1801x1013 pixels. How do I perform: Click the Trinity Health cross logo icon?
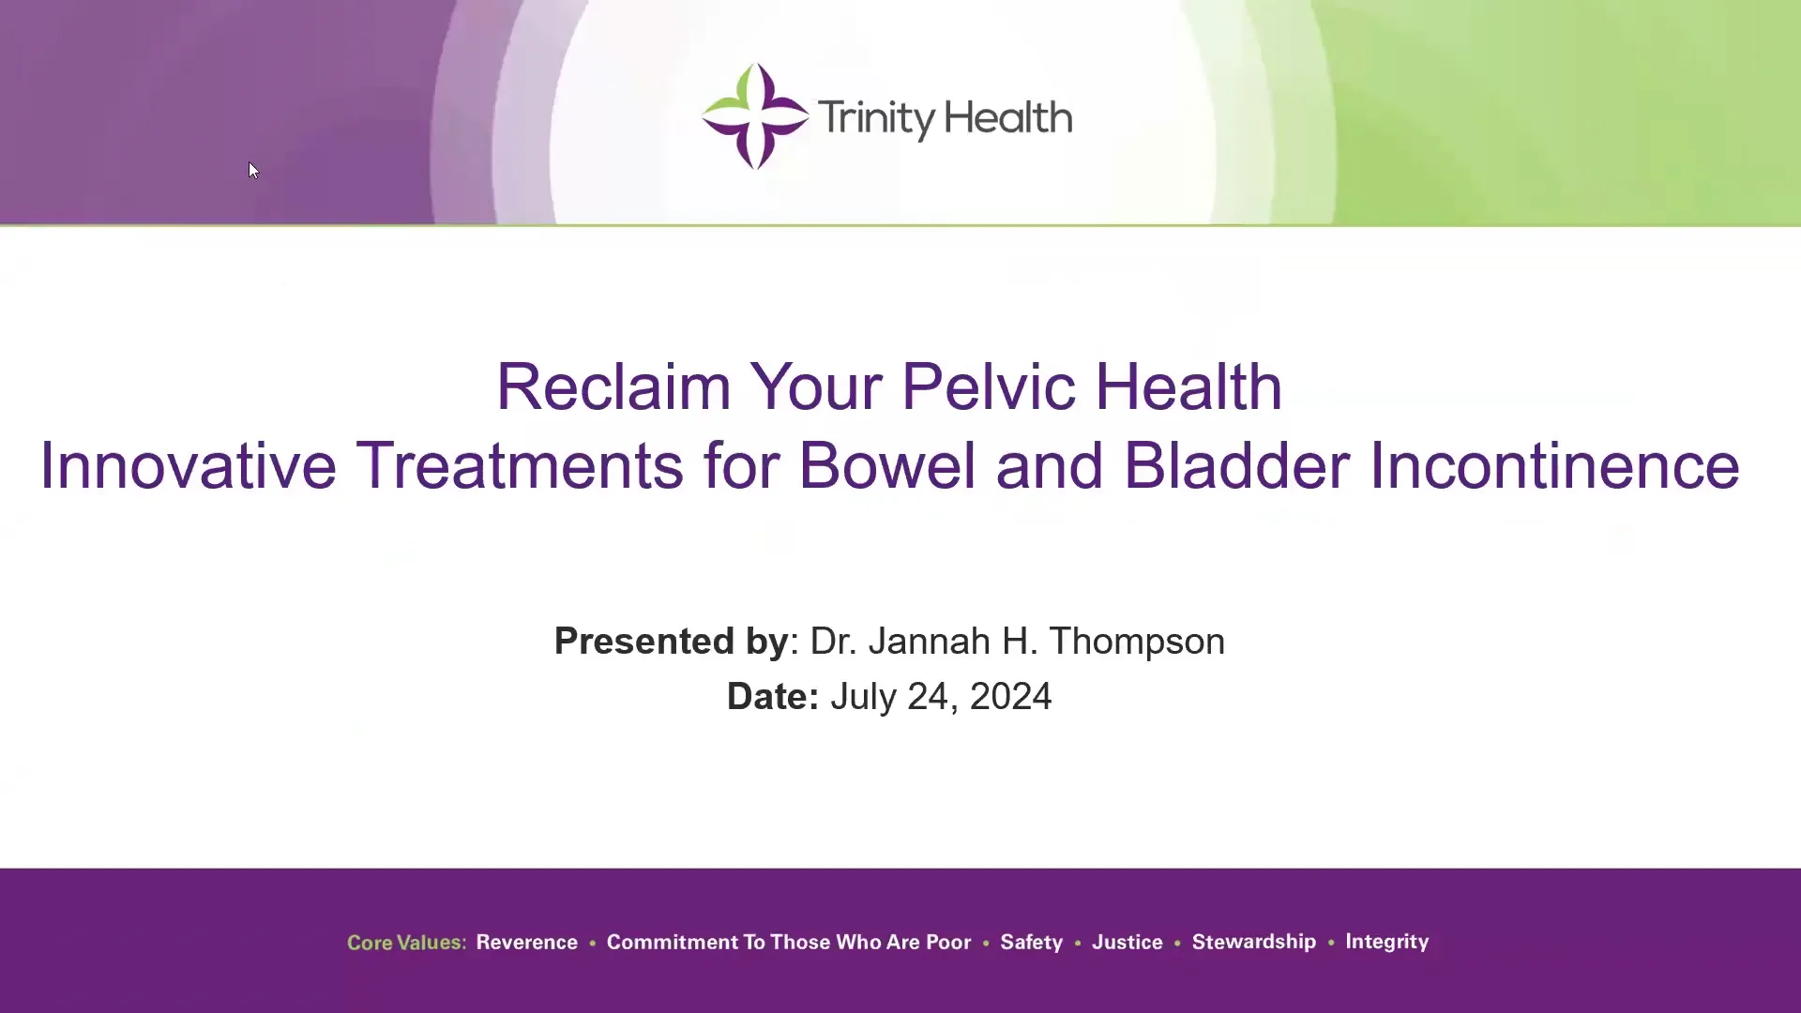(x=755, y=116)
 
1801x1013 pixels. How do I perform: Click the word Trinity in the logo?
(x=876, y=118)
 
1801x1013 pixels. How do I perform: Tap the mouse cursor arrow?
(x=253, y=170)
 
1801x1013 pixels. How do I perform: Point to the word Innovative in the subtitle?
(x=188, y=466)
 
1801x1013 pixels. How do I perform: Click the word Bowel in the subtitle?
(x=886, y=466)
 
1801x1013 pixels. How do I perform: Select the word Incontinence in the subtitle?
(x=1554, y=466)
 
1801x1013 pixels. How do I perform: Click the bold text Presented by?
(x=671, y=642)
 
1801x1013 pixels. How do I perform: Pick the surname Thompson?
(x=1136, y=642)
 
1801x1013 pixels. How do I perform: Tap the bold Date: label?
(x=772, y=697)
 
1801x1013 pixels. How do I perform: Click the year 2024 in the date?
(x=1010, y=697)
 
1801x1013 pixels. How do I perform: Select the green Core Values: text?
(x=406, y=943)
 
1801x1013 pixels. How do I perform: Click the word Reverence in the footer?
(x=526, y=943)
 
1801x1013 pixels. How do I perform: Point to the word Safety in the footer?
(x=1031, y=943)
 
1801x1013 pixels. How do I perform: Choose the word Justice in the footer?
(x=1127, y=943)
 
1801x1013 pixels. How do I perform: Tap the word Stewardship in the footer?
(x=1253, y=942)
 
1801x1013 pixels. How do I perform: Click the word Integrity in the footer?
(x=1386, y=942)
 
